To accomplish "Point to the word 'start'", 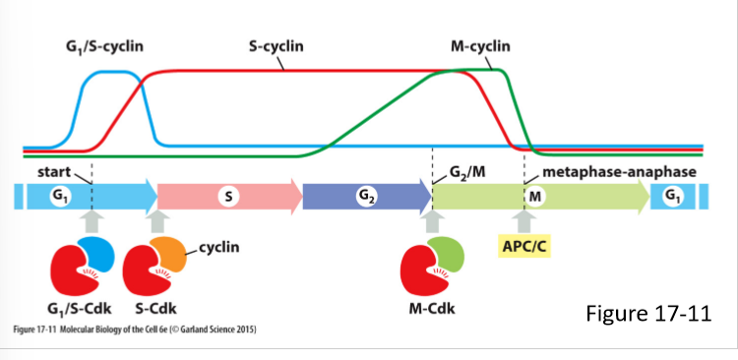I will tap(54, 172).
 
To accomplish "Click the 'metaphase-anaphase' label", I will tap(612, 172).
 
